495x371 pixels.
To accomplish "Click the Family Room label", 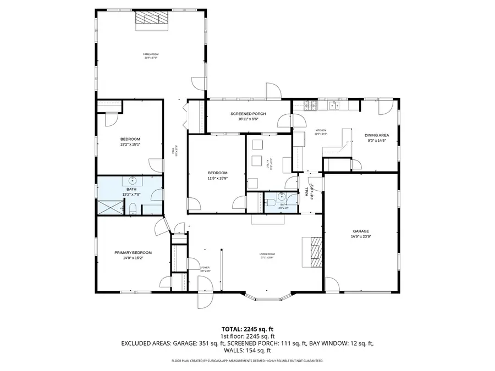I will (x=151, y=54).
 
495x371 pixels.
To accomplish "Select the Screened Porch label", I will (x=248, y=114).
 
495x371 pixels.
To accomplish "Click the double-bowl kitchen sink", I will (x=334, y=104).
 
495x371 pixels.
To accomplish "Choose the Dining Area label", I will (x=377, y=135).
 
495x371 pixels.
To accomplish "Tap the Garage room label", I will (x=361, y=231).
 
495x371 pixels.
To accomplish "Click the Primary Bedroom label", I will (x=133, y=252).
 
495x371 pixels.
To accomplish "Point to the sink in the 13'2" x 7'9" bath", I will (x=133, y=180).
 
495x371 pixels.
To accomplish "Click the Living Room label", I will (x=267, y=254).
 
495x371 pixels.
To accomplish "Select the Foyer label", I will (x=205, y=268).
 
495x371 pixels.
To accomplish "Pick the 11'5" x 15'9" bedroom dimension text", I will (x=217, y=178).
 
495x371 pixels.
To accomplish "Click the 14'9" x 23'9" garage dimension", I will (x=361, y=237).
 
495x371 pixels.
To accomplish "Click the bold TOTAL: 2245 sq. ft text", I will (x=247, y=329).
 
